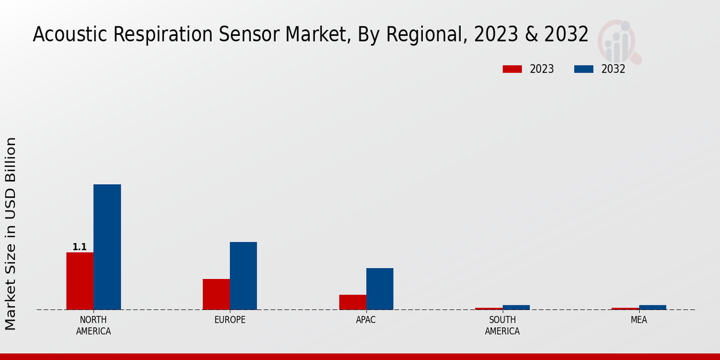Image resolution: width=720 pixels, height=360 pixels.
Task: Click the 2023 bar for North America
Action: (80, 281)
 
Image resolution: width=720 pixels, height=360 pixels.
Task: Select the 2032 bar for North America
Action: (107, 247)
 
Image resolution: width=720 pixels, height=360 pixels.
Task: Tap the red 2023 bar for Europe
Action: (216, 294)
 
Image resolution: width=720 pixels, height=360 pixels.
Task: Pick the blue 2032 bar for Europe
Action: (243, 275)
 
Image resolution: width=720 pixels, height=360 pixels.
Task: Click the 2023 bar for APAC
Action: (352, 302)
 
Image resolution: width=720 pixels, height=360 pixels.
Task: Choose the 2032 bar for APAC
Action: (380, 289)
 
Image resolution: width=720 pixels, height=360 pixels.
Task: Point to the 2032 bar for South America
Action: (516, 307)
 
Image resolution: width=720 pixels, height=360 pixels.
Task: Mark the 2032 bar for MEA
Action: (652, 307)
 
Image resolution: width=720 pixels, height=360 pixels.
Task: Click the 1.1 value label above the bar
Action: (80, 247)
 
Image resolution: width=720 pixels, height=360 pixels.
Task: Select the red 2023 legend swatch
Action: (512, 69)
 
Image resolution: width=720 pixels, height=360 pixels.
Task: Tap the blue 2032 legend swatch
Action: (583, 69)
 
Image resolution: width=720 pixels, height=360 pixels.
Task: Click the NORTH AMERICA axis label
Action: (94, 325)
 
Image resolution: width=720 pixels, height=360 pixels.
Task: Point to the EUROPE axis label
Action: (230, 320)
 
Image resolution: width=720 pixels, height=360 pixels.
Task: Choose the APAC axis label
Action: (366, 320)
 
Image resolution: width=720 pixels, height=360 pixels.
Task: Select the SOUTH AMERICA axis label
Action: (502, 325)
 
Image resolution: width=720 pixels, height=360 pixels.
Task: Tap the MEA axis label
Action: (638, 320)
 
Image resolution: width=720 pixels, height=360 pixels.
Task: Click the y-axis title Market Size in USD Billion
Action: (11, 233)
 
